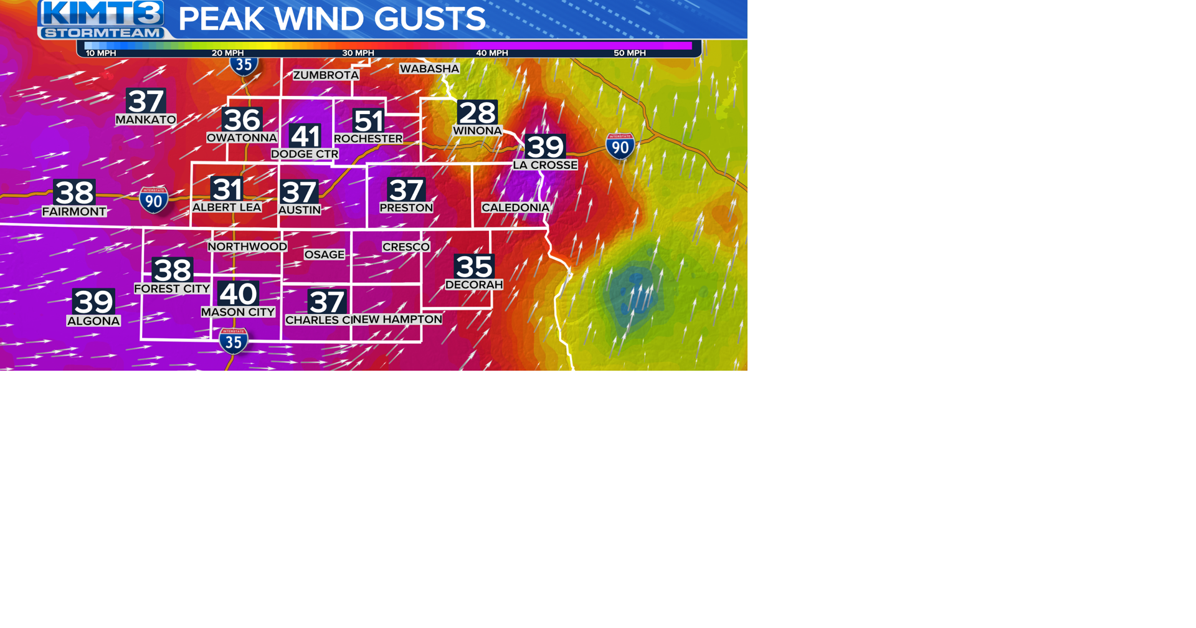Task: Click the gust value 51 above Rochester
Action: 368,121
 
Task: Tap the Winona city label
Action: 477,131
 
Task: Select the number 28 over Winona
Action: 477,113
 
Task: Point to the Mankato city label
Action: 146,120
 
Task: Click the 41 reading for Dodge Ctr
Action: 305,136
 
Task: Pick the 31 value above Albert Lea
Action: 227,189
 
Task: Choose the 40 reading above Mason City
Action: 238,294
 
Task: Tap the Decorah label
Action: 474,285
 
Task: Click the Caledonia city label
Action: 515,207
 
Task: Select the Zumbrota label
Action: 326,75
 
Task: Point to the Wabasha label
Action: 429,69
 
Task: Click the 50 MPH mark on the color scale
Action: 629,53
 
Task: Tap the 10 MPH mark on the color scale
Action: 101,53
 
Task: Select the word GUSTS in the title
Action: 430,19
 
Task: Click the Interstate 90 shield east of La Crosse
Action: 620,146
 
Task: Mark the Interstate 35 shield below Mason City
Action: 234,341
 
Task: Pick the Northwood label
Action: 247,247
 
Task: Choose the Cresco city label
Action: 406,247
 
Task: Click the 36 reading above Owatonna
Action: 242,120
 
